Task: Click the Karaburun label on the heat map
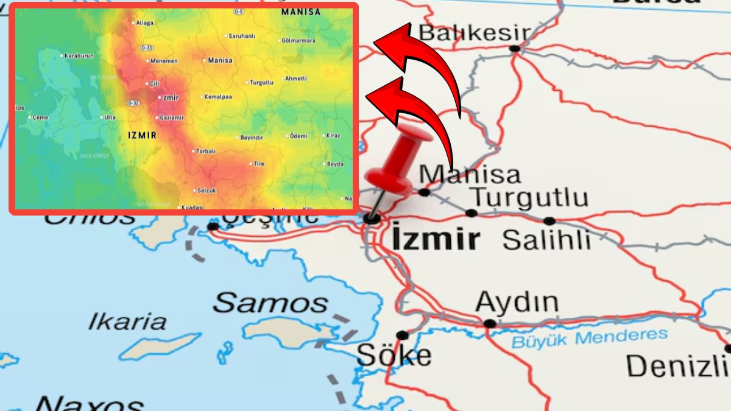[79, 56]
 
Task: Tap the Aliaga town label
[145, 23]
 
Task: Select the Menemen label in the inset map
[164, 61]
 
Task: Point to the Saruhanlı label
[242, 36]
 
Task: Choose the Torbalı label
[206, 151]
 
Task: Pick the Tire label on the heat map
[259, 164]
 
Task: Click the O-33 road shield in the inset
[146, 47]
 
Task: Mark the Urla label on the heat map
[110, 118]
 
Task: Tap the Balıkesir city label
[475, 33]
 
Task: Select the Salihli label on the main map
[546, 240]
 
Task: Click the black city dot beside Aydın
[489, 323]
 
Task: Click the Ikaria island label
[127, 321]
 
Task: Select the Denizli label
[676, 367]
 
